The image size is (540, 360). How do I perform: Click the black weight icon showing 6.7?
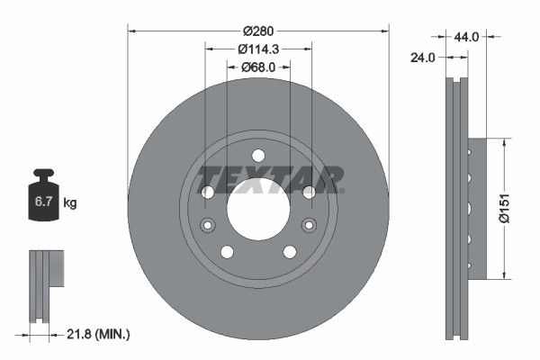43,198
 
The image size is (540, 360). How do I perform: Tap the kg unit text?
71,203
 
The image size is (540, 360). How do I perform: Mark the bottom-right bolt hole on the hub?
290,252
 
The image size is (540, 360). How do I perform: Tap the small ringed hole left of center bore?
207,225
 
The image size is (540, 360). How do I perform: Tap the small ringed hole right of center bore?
310,225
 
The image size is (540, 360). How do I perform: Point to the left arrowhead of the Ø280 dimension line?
131,31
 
